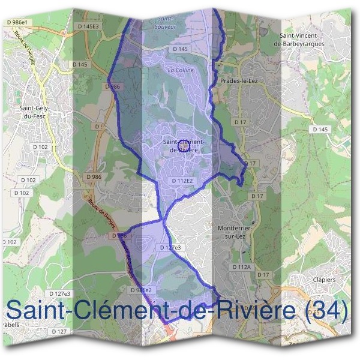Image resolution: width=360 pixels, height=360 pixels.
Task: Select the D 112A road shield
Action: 241,266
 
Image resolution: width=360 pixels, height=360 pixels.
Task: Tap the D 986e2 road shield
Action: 142,290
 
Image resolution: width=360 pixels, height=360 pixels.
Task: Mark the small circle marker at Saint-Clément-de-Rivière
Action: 185,145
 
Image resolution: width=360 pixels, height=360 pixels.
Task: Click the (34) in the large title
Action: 326,310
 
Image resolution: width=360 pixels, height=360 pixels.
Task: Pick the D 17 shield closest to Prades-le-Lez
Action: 241,122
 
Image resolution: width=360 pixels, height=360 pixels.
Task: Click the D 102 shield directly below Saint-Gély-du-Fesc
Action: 41,146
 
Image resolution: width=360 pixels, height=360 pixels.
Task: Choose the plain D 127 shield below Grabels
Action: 59,331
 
